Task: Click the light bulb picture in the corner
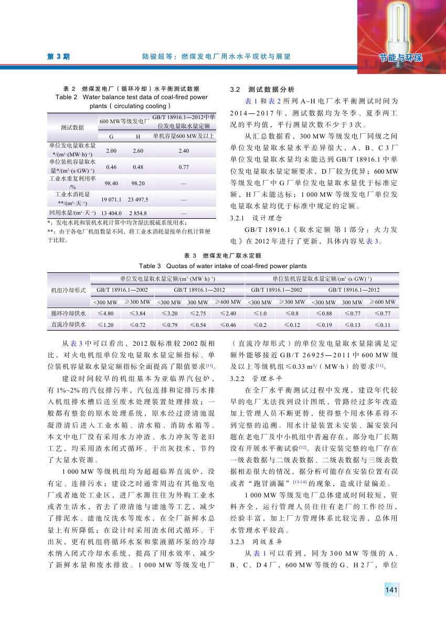401,31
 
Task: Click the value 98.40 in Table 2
111,183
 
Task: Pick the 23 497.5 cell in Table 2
138,199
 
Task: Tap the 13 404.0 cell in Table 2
111,214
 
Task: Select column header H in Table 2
138,136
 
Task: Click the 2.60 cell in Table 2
138,151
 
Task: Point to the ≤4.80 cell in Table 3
105,313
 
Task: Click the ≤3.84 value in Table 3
138,313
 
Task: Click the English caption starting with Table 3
222,266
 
